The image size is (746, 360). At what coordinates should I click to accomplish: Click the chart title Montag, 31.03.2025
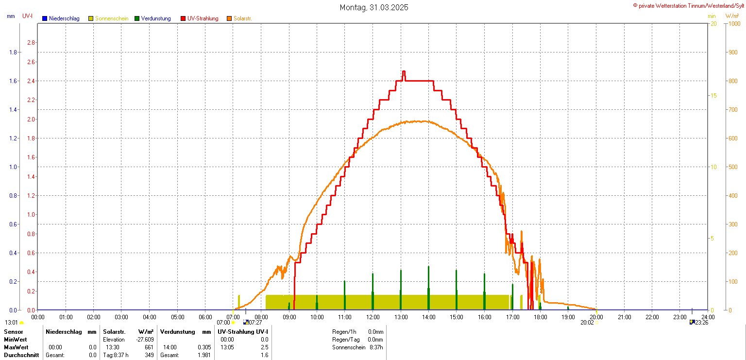click(373, 7)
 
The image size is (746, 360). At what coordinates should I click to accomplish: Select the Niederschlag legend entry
click(64, 18)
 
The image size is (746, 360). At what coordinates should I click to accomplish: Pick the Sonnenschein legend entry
click(112, 18)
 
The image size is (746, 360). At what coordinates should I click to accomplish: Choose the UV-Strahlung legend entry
click(203, 18)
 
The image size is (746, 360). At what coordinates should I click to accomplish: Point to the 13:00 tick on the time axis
click(401, 317)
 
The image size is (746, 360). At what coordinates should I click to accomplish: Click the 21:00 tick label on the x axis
click(624, 317)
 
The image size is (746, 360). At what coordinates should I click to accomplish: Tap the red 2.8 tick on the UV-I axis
click(31, 43)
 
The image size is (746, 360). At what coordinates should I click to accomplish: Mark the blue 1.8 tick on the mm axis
click(13, 52)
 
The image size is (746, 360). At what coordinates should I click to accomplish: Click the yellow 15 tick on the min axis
click(713, 95)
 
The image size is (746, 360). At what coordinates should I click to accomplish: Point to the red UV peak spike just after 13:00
click(404, 73)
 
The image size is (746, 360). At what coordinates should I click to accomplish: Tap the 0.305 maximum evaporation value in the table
click(204, 347)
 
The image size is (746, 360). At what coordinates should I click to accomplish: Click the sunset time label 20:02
click(587, 323)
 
